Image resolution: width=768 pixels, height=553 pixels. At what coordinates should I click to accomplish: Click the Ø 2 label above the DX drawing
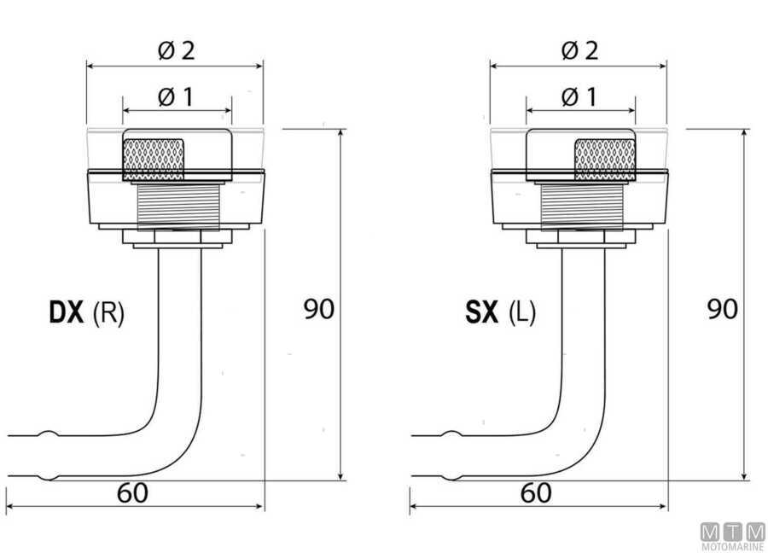177,50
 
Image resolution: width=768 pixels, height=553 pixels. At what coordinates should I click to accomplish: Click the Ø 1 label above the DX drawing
176,96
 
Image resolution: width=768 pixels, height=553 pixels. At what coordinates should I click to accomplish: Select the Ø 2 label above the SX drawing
580,50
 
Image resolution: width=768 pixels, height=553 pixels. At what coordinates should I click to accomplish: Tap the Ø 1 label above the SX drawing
579,96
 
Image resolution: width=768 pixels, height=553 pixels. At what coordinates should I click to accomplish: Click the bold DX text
67,312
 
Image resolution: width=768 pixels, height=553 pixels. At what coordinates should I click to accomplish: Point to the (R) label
108,312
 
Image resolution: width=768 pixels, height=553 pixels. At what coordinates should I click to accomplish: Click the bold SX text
482,312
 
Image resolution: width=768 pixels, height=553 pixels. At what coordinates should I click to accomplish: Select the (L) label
522,312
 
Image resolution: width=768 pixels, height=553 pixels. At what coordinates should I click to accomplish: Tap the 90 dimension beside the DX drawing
319,309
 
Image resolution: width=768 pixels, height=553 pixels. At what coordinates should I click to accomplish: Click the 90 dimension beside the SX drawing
723,309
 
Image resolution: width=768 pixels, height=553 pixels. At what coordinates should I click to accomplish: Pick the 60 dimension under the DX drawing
132,492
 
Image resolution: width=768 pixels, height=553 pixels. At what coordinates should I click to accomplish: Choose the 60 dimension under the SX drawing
536,492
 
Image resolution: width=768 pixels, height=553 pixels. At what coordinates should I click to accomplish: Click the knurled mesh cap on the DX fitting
154,160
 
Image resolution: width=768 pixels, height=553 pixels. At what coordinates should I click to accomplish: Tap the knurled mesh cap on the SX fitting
605,160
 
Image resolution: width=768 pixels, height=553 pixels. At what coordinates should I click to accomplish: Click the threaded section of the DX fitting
177,207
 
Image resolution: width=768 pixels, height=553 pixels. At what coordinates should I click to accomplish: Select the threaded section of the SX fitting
581,207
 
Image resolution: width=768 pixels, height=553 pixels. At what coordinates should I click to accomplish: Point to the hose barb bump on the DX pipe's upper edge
48,434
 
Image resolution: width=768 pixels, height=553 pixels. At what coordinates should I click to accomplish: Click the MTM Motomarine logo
733,537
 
